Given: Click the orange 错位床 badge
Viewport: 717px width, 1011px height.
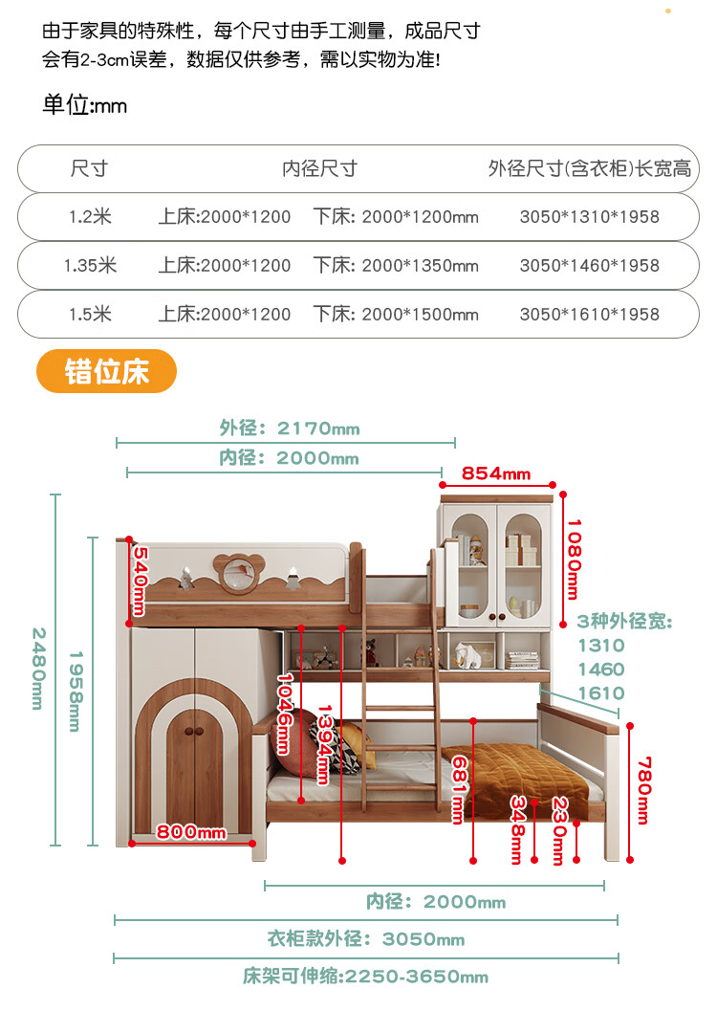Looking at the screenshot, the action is (x=106, y=371).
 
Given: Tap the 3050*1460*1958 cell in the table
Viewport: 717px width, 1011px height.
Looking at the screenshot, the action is (x=589, y=266).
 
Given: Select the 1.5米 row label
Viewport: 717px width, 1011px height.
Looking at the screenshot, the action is (x=90, y=314).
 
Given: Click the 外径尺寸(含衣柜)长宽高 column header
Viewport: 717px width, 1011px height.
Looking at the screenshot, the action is (x=589, y=169).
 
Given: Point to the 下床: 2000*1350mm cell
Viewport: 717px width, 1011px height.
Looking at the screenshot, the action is (x=395, y=266).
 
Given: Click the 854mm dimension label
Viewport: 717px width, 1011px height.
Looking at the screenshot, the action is (x=495, y=473).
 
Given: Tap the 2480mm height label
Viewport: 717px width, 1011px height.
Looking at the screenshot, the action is (x=38, y=669).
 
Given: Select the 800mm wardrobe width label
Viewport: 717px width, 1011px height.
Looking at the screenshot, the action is (x=191, y=832).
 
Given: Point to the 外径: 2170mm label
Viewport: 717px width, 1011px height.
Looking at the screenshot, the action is (x=290, y=429).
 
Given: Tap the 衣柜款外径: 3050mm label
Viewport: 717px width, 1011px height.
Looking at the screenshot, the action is (x=365, y=939).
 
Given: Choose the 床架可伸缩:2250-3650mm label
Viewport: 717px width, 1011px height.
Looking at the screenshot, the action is (x=365, y=977).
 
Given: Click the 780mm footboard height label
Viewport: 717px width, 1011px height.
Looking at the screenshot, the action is (x=643, y=789).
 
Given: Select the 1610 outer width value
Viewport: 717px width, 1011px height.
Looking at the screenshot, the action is (x=601, y=693).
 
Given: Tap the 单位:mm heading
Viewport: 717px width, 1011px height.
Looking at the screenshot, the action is (x=84, y=105).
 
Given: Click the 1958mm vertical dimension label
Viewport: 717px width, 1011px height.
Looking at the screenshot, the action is (x=75, y=692).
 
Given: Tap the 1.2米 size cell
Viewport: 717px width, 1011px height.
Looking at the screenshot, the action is (x=90, y=217).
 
